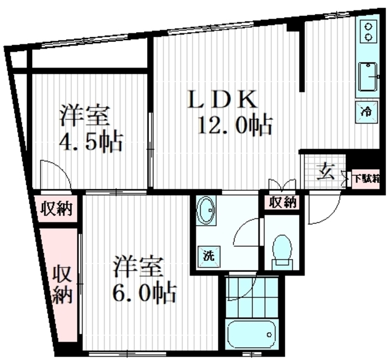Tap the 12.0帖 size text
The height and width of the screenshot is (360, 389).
pos(234,126)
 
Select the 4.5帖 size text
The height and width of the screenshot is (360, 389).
pos(91,142)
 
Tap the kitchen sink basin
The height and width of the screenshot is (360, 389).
pos(368,78)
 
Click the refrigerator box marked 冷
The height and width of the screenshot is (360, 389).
pos(367,111)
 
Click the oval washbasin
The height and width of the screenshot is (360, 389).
pos(205,212)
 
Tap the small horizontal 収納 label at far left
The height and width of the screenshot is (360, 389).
pos(56,209)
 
